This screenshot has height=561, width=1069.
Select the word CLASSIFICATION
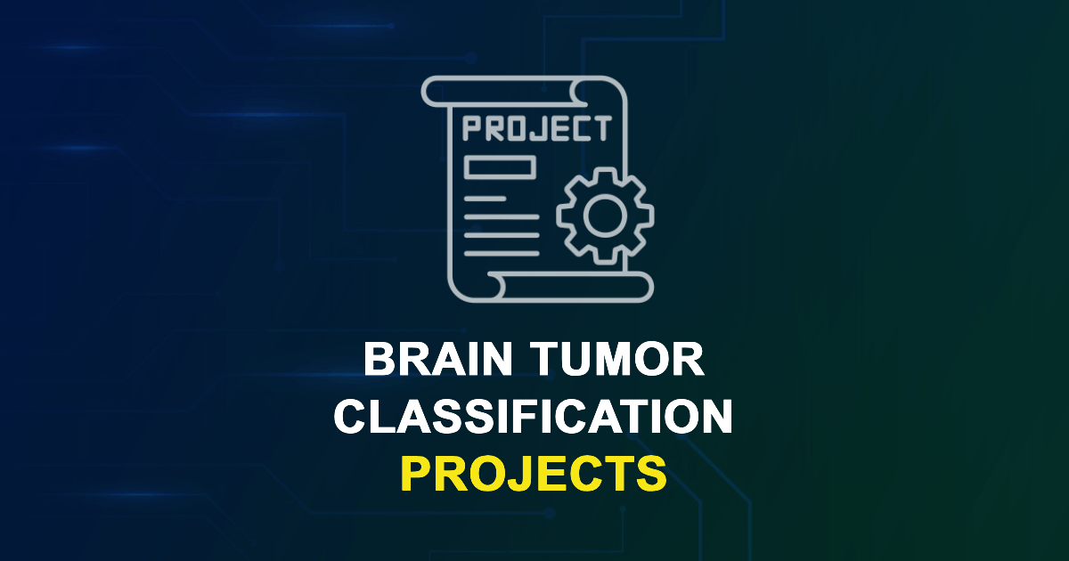(x=534, y=417)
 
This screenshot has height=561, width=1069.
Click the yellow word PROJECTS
(x=534, y=473)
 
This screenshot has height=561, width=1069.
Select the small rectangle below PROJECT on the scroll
(x=500, y=167)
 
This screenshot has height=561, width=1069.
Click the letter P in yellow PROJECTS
(x=415, y=473)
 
